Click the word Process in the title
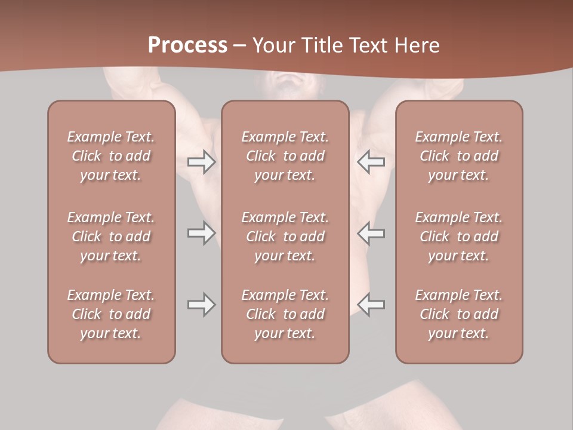pyautogui.click(x=187, y=45)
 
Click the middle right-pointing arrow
pyautogui.click(x=201, y=233)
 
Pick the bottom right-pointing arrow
pyautogui.click(x=201, y=305)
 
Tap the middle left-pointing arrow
pyautogui.click(x=371, y=233)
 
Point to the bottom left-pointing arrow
pyautogui.click(x=371, y=305)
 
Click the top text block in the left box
pyautogui.click(x=111, y=156)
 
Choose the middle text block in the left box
pyautogui.click(x=111, y=236)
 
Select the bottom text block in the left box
pyautogui.click(x=111, y=314)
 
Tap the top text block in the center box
pyautogui.click(x=285, y=156)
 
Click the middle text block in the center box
pyautogui.click(x=285, y=236)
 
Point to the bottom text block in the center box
pyautogui.click(x=285, y=314)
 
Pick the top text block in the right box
pyautogui.click(x=458, y=156)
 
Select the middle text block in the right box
pyautogui.click(x=458, y=236)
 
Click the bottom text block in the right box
pyautogui.click(x=458, y=314)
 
